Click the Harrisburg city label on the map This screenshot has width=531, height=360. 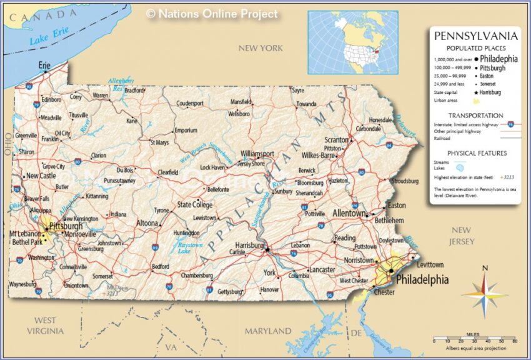(249, 246)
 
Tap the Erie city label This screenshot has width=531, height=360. (44, 64)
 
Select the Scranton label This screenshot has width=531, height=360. (336, 140)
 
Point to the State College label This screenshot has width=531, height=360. (195, 204)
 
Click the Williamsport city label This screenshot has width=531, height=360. (257, 153)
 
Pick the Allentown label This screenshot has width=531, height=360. (349, 213)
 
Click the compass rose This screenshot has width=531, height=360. (485, 291)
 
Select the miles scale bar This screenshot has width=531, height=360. (475, 341)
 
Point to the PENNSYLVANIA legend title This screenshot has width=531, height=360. (475, 36)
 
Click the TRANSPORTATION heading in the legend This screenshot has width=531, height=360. (475, 116)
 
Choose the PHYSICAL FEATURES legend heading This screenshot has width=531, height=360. (477, 153)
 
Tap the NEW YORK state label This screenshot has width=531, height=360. (261, 48)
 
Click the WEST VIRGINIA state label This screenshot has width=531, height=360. (45, 325)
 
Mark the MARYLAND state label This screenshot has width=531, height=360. (267, 331)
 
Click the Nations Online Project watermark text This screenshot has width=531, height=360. (212, 14)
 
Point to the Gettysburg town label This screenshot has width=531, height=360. (231, 291)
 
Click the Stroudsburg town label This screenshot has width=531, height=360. (404, 181)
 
